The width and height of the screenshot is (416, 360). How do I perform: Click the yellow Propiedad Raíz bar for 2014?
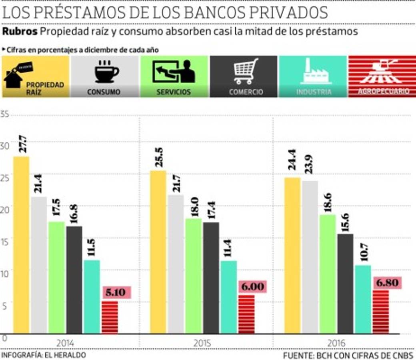pos(21,244)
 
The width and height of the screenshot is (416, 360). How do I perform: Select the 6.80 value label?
pos(387,283)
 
